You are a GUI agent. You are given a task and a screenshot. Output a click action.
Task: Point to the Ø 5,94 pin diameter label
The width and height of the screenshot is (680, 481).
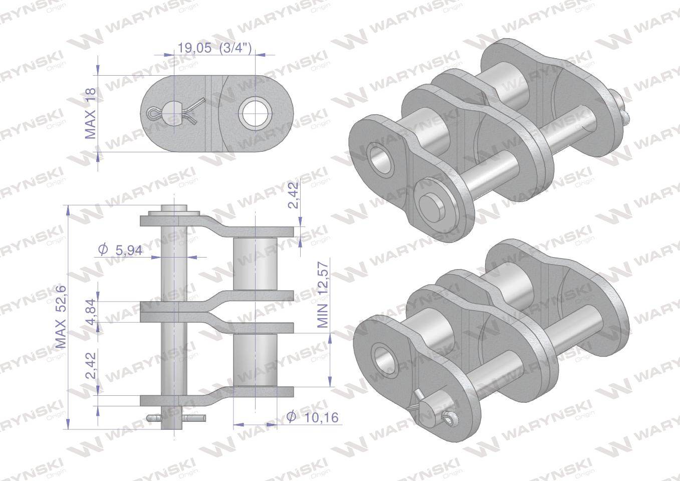click(120, 250)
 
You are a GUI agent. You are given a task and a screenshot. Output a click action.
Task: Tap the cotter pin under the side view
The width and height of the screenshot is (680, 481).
click(175, 417)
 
